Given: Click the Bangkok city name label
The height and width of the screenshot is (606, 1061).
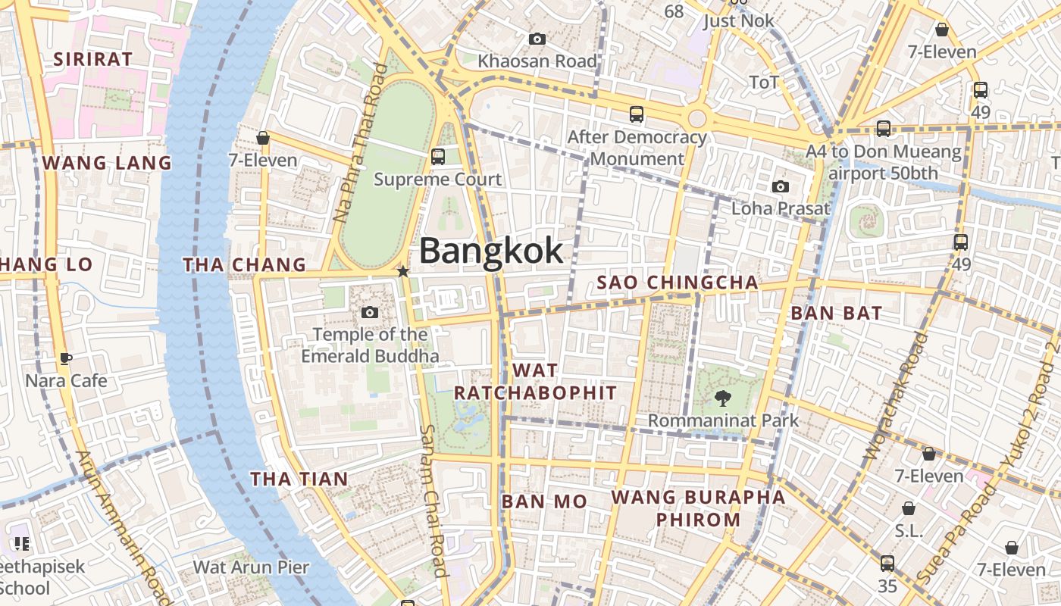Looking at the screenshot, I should [491, 251].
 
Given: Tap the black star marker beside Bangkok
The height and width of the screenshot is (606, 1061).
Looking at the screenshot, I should [403, 271].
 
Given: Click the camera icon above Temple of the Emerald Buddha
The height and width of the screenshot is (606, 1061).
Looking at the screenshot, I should [370, 312].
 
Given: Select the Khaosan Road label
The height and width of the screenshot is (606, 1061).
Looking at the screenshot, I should [537, 61].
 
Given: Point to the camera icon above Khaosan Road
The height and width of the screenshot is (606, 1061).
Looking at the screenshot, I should [537, 39].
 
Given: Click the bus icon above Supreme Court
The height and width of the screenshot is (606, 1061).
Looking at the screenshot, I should [437, 157].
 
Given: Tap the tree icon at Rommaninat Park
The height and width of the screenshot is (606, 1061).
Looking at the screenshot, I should [722, 398].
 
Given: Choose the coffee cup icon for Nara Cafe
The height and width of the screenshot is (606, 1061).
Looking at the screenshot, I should [66, 358].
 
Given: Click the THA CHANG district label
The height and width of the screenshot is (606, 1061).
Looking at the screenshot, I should [244, 264].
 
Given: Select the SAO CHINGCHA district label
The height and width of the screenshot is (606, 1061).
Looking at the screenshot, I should [678, 283].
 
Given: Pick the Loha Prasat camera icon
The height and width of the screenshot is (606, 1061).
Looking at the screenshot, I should [781, 186].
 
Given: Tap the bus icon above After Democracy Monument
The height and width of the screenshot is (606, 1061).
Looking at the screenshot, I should [637, 114].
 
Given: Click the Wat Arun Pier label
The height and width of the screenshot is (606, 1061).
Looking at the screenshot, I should [251, 567].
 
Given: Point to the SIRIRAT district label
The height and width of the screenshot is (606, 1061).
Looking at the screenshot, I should [92, 58].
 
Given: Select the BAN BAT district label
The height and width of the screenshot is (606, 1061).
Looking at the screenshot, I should [836, 313].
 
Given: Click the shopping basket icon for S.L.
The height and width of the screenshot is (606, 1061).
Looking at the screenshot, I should [908, 508].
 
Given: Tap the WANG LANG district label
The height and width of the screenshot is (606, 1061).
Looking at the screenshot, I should [107, 163].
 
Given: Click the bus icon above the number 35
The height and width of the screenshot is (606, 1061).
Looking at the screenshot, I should [887, 564].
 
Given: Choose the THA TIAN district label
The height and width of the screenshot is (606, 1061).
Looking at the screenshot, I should [299, 479].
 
